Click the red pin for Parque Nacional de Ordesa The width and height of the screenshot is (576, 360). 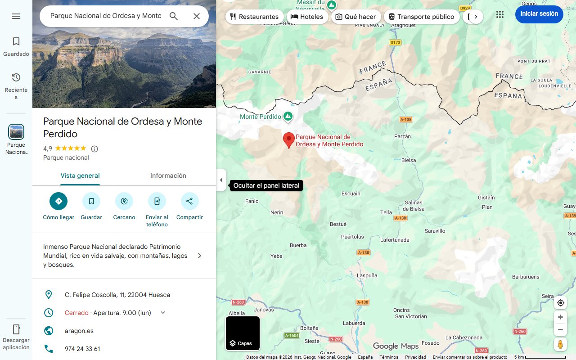tap(288, 140)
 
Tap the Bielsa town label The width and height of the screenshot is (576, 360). tap(409, 160)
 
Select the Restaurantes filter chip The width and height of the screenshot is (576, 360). tap(254, 17)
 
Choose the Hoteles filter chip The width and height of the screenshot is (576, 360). tap(307, 17)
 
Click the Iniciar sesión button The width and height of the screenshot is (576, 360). tap(539, 14)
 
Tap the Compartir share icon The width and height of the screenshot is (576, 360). tap(189, 201)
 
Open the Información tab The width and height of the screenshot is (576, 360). tap(168, 175)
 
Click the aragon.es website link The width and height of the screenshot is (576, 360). tap(79, 331)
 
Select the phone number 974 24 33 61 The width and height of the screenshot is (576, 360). tap(82, 349)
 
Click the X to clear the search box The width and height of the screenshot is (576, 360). tap(197, 16)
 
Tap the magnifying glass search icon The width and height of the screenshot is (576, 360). tap(174, 16)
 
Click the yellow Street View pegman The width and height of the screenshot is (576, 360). tap(560, 345)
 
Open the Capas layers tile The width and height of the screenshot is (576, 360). tap(243, 333)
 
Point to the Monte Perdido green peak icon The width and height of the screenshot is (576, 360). tap(288, 117)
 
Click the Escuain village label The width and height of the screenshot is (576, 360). tap(351, 193)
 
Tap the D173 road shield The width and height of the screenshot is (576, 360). tap(395, 43)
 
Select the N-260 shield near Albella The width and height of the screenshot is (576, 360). tap(238, 302)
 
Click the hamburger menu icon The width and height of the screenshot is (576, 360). tap(16, 16)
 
